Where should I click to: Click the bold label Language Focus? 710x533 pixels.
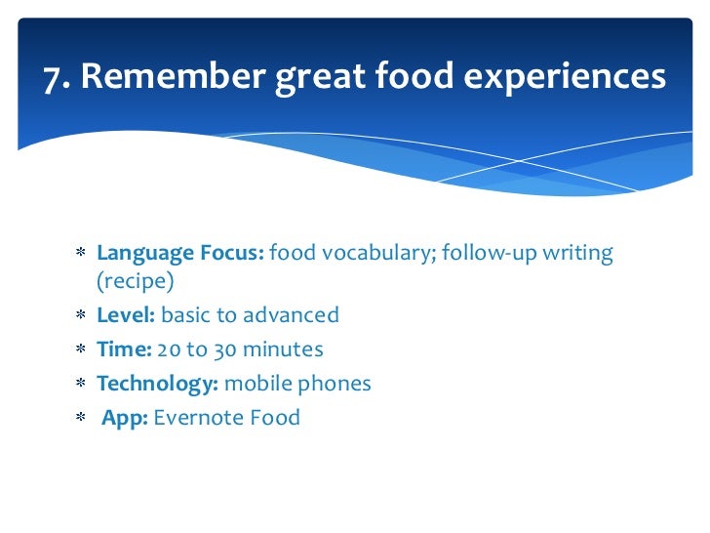(179, 254)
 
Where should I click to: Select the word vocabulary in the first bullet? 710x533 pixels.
(375, 254)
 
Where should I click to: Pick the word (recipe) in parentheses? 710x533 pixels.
(136, 283)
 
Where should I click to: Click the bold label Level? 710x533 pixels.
(126, 315)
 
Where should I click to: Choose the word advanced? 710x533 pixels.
(292, 315)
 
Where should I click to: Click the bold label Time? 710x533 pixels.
(124, 349)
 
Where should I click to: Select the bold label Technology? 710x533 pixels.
(157, 384)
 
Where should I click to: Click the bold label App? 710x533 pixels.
(125, 419)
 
